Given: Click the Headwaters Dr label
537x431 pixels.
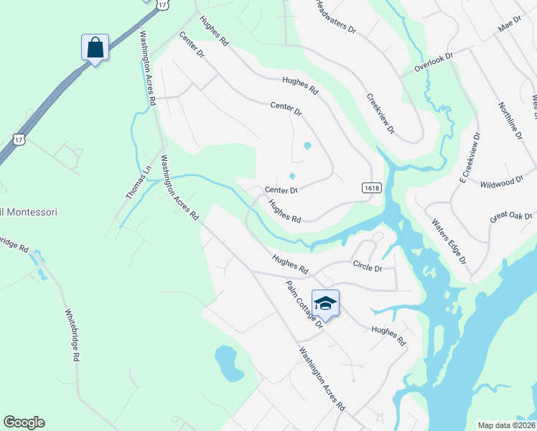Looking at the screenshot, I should (x=335, y=18).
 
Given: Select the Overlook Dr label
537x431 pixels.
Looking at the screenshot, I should (x=434, y=62).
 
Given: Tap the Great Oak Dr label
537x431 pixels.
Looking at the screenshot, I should (x=510, y=216).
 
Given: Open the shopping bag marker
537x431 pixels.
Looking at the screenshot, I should (x=95, y=48).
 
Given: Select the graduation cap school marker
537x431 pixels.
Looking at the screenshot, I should (x=325, y=304).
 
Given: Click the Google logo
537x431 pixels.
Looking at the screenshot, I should (x=24, y=422).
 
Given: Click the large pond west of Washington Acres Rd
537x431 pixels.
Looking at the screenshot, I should (x=228, y=363).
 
